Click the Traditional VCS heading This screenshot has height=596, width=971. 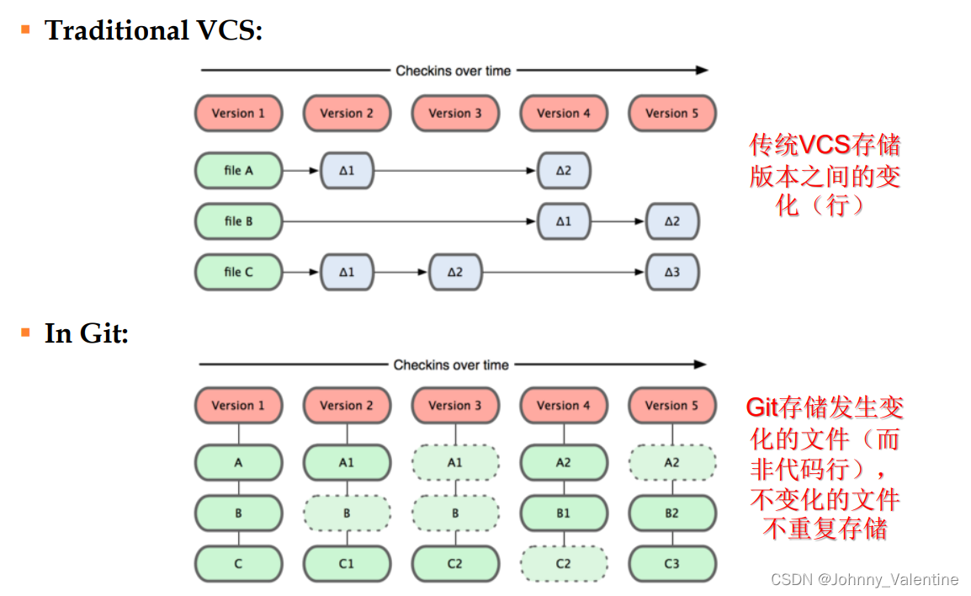[153, 31]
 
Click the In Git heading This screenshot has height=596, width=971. [87, 334]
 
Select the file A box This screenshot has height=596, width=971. [238, 171]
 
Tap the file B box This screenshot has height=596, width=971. [238, 221]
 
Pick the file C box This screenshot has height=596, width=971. [238, 272]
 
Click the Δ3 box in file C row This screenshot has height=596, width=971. [671, 272]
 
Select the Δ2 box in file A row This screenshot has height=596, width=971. [563, 171]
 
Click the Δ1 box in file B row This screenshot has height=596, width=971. [563, 221]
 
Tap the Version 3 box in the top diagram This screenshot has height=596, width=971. [455, 114]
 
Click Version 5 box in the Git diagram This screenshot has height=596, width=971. [671, 405]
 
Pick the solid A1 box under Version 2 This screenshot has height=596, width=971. [347, 462]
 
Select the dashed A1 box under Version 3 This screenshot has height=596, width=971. [455, 462]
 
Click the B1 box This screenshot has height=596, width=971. [563, 513]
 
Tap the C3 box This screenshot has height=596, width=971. [671, 563]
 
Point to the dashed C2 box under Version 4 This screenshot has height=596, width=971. [563, 563]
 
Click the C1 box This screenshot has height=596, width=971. [347, 563]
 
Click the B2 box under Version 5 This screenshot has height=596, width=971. [671, 513]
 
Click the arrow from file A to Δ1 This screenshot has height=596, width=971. [300, 171]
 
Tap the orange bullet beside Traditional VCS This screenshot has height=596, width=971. [25, 30]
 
